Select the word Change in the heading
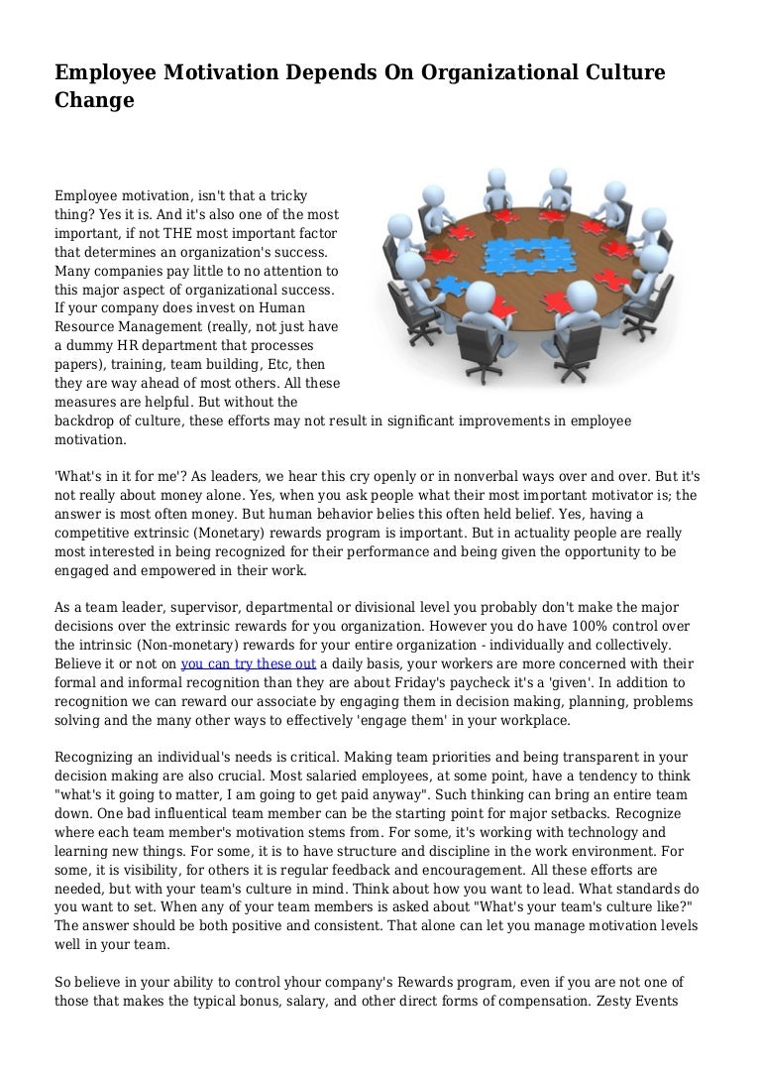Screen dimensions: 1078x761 tap(94, 100)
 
